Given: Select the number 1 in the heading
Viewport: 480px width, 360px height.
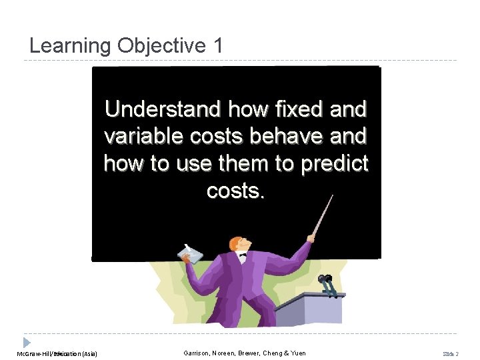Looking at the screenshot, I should [217, 46].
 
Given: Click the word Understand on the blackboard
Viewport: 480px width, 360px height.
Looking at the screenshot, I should [163, 109].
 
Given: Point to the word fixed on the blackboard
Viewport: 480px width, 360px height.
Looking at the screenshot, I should [291, 109].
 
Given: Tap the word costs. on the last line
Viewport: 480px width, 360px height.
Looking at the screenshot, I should [236, 191].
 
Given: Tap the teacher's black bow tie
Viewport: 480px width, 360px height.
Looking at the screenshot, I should [242, 255].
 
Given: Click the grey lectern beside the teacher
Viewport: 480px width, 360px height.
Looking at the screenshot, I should [313, 310].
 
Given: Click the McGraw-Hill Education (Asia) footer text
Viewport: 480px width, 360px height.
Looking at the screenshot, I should [57, 353].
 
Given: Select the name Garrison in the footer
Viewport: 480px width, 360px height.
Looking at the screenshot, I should [199, 353].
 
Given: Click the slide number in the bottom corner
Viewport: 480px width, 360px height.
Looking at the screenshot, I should [452, 353].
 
